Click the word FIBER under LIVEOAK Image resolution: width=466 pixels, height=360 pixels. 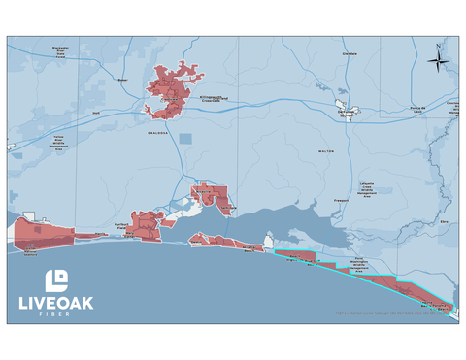[56, 315]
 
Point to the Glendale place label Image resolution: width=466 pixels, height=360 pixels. [349, 54]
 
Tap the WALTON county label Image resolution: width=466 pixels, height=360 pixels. [325, 151]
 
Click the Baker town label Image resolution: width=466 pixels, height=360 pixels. [122, 80]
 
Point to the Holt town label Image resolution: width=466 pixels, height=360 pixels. [96, 112]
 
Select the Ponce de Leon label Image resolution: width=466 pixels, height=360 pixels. [419, 108]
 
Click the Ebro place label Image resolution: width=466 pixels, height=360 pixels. [444, 221]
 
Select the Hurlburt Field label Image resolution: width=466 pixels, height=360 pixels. [122, 225]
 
